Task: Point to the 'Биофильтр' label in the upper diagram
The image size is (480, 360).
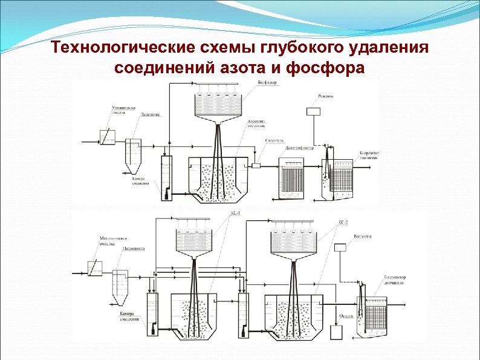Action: pyautogui.click(x=268, y=83)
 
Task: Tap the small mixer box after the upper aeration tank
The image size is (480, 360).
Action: pyautogui.click(x=256, y=165)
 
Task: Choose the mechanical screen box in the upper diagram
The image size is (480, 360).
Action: pyautogui.click(x=107, y=139)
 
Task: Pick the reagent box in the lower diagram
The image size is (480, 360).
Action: pyautogui.click(x=340, y=246)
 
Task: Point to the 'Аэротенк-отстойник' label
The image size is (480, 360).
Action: pyautogui.click(x=257, y=123)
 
